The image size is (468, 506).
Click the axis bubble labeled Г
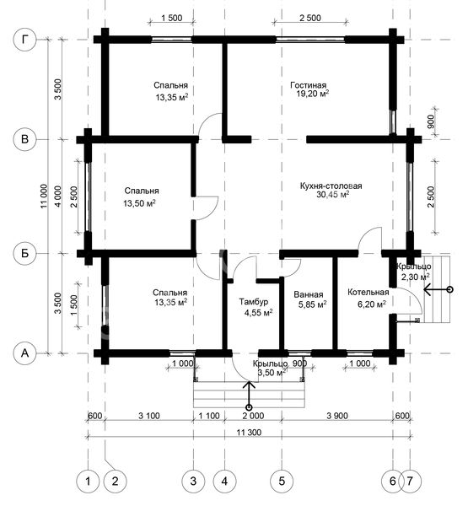pos(24,40)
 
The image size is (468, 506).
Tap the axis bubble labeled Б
pos(24,253)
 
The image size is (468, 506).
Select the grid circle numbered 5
pos(282,482)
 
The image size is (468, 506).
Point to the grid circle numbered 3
pos(193,482)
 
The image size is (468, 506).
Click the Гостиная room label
pos(309,85)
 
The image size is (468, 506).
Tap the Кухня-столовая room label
pos(331,186)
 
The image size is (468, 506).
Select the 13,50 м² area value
pos(139,203)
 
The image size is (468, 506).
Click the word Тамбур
pos(253,302)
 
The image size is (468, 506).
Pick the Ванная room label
pos(309,294)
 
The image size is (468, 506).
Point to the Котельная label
pos(368,292)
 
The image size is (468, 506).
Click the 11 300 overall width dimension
pos(249,432)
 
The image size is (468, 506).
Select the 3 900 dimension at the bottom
pos(337,416)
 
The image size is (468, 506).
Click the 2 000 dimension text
pos(253,416)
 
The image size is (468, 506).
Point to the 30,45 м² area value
pos(333,194)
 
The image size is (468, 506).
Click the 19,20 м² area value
pos(313,94)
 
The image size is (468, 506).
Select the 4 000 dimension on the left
pos(58,196)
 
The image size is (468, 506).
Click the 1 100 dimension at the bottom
pos(209,416)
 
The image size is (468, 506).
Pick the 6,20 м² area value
pos(372,304)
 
